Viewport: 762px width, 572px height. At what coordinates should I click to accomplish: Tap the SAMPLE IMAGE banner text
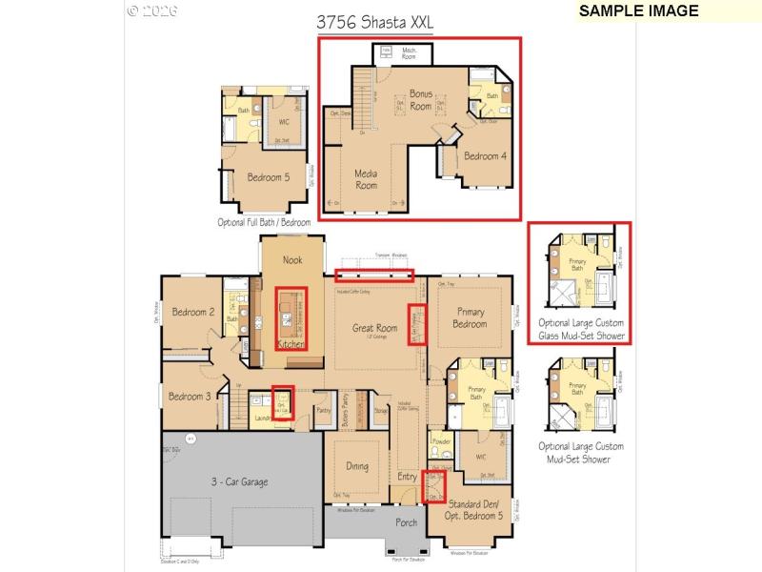pos(638,11)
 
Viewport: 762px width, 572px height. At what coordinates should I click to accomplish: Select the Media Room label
pos(366,179)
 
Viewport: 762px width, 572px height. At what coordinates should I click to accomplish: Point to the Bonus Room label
pos(421,100)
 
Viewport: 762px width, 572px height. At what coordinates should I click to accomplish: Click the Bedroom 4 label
pos(485,156)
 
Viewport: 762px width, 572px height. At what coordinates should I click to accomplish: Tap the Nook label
pos(292,259)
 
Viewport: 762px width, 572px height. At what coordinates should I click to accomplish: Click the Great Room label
pos(374,328)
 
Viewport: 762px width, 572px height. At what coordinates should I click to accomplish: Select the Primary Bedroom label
pos(470,318)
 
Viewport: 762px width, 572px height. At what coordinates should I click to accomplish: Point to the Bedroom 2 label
pos(193,312)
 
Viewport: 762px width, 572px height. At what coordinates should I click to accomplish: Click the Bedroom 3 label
pos(190,397)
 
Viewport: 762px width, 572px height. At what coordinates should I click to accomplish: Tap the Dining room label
pos(357,466)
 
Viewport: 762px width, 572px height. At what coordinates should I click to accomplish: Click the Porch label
pos(406,521)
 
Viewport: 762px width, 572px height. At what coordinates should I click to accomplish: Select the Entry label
pos(407,476)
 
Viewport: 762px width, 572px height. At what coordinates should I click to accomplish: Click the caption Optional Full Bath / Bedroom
pos(264,222)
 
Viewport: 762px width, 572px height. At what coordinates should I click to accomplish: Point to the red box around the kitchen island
pos(291,318)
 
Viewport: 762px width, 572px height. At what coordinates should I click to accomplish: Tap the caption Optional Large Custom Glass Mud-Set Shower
pos(581,329)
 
